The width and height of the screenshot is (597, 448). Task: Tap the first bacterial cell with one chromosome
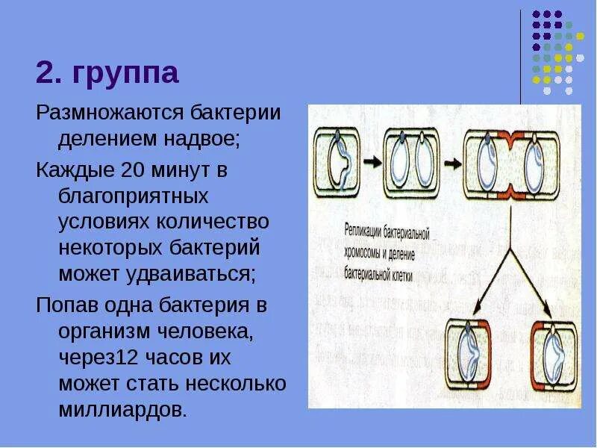pos(340,158)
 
